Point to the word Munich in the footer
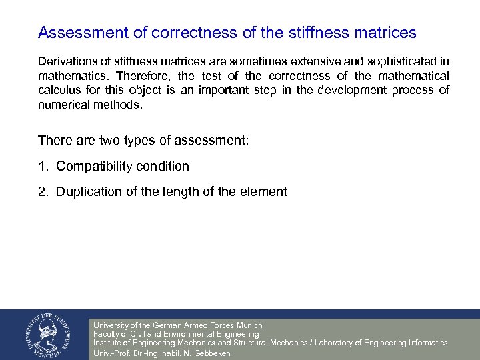(249, 325)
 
